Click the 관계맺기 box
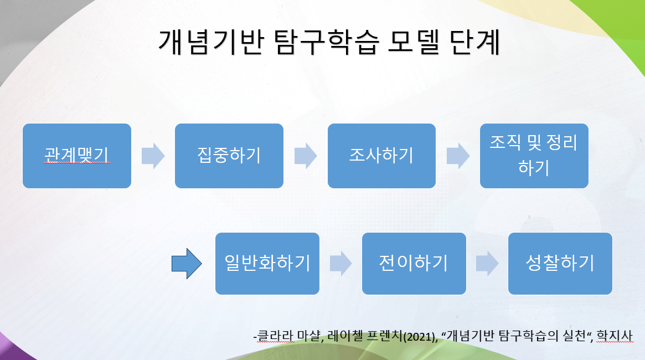coord(77,156)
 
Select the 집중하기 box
coord(229,156)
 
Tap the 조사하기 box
coord(381,156)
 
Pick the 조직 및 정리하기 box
coord(534,156)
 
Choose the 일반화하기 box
coord(267,263)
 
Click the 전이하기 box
coord(414,263)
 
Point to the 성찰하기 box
coord(560,263)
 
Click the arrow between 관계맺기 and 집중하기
coord(153,156)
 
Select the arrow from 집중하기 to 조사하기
coord(306,156)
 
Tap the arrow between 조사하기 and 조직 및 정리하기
coord(458,156)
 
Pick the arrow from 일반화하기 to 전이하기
coord(340,264)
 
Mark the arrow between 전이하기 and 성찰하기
coord(487,264)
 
